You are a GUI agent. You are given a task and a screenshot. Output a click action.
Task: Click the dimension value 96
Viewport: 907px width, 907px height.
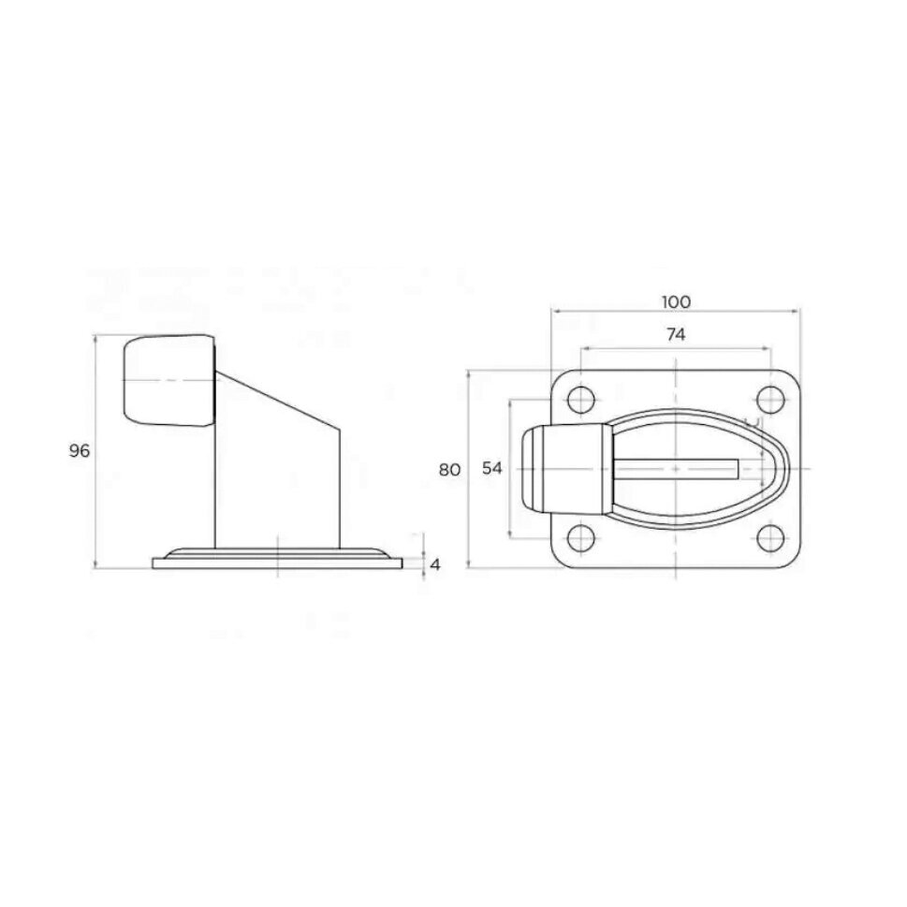pyautogui.click(x=80, y=450)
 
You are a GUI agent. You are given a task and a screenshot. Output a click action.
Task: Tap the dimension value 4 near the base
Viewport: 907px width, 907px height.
pyautogui.click(x=435, y=564)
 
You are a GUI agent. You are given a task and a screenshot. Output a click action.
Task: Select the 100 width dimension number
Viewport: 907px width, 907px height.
pyautogui.click(x=676, y=301)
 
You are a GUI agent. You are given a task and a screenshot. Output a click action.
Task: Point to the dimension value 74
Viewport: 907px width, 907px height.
pyautogui.click(x=676, y=334)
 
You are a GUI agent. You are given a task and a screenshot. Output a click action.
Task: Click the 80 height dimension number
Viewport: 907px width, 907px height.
pyautogui.click(x=449, y=470)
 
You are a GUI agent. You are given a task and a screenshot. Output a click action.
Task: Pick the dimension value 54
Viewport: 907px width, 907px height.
pyautogui.click(x=492, y=468)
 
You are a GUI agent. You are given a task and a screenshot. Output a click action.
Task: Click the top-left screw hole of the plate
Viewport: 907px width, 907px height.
pyautogui.click(x=581, y=399)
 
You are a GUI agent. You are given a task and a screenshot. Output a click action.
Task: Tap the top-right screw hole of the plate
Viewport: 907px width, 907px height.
pyautogui.click(x=771, y=399)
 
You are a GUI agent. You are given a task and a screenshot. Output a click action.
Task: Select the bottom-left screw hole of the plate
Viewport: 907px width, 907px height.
pyautogui.click(x=581, y=537)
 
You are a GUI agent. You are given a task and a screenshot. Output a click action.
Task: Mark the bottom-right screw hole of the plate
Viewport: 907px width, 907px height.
pyautogui.click(x=771, y=537)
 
